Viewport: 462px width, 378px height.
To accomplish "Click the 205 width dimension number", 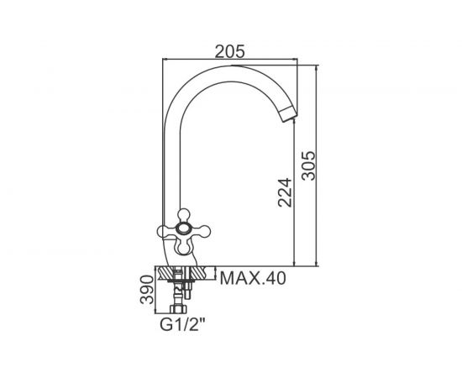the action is pyautogui.click(x=229, y=51).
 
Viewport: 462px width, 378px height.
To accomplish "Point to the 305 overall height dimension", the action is pyautogui.click(x=308, y=165).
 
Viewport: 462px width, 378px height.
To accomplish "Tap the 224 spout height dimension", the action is pyautogui.click(x=285, y=192).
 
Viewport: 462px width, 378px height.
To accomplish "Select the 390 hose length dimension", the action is pyautogui.click(x=147, y=290).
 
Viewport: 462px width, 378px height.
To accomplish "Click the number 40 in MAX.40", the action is pyautogui.click(x=275, y=278).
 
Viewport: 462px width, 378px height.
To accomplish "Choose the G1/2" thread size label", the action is pyautogui.click(x=182, y=325).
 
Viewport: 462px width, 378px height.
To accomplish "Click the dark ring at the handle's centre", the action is pyautogui.click(x=184, y=228).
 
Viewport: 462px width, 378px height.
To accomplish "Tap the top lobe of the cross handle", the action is pyautogui.click(x=185, y=215).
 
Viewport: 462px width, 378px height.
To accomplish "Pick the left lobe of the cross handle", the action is pyautogui.click(x=165, y=232).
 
